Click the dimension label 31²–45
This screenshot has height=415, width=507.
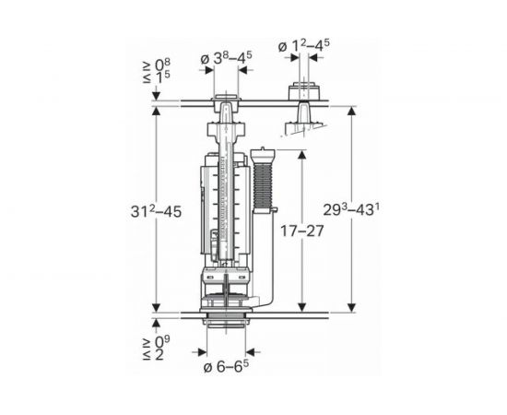[156, 212]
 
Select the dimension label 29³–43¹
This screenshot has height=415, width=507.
[351, 210]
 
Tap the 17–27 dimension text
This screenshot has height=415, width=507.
[301, 231]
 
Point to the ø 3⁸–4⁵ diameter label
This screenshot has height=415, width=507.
[226, 58]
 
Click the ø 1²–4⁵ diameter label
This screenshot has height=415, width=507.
[304, 45]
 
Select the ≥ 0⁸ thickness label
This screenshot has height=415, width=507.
[157, 65]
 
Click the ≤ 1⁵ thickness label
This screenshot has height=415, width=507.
[157, 77]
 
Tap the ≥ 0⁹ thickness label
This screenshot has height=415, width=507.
[157, 341]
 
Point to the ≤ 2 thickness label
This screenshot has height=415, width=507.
[154, 355]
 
